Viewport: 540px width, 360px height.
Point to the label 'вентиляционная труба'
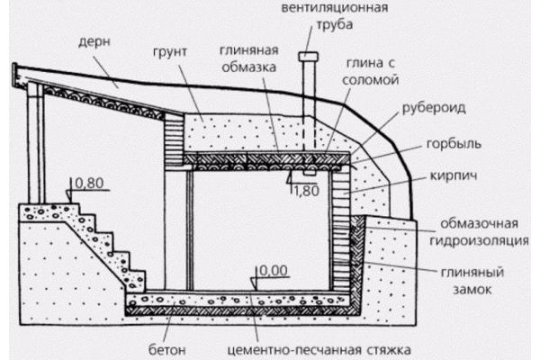tap(335, 18)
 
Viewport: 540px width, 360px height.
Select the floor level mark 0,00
tap(271, 270)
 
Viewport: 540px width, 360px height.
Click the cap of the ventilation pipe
tap(307, 57)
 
